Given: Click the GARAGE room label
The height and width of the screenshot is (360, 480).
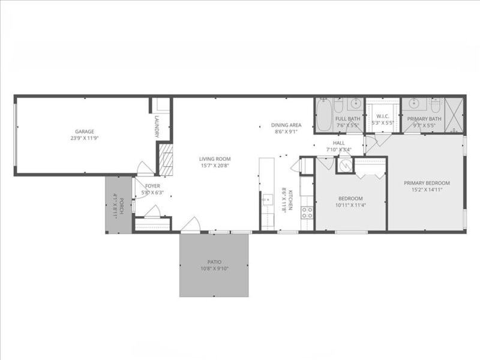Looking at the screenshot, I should (x=84, y=131).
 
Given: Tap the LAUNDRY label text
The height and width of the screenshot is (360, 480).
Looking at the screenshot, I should (x=157, y=127).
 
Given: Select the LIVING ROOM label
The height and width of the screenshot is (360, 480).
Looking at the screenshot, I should (x=215, y=159).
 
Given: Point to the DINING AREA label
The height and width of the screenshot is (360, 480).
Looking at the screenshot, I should (x=286, y=125).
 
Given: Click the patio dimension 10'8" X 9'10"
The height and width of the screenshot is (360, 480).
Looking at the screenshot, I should (x=215, y=268).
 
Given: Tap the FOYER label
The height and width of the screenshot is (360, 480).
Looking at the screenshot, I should (x=152, y=186).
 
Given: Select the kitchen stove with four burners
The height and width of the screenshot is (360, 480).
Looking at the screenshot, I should (x=307, y=212).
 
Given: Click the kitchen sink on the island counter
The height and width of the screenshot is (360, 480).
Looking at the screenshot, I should (x=266, y=200).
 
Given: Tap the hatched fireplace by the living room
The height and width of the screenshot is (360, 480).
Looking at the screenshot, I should (x=168, y=160).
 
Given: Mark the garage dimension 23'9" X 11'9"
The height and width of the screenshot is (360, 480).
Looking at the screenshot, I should (x=84, y=137).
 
